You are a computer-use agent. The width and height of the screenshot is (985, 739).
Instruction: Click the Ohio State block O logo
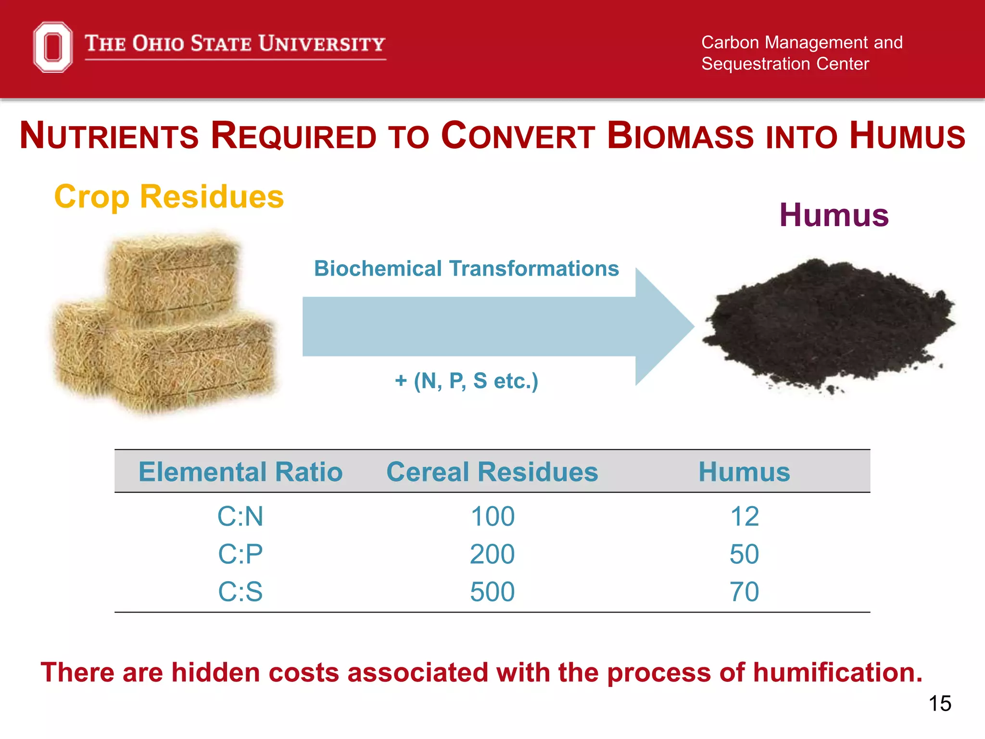(x=53, y=47)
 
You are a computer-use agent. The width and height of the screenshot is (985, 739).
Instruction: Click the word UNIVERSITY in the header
(x=322, y=44)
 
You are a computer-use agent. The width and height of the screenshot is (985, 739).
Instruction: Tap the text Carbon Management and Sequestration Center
(x=801, y=53)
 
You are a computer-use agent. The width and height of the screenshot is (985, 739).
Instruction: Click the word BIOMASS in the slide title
(x=681, y=136)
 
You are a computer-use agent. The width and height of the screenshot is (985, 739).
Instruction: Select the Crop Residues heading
(x=169, y=197)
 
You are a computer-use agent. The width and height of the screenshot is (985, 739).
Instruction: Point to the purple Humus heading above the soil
(x=833, y=215)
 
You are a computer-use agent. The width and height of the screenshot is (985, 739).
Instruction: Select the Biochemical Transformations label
(x=466, y=268)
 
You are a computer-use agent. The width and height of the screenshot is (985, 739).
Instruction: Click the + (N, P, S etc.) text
(x=466, y=381)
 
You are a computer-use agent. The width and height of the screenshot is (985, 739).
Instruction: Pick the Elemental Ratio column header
(x=240, y=471)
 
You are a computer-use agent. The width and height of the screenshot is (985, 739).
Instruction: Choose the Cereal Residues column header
(x=492, y=471)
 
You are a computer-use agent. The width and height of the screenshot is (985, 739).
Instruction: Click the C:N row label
(x=240, y=516)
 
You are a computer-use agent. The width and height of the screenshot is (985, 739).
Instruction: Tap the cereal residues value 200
(x=492, y=554)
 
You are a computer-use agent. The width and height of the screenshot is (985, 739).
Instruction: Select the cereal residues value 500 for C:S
(x=492, y=591)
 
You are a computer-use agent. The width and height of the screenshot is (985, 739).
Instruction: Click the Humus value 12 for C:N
(x=744, y=516)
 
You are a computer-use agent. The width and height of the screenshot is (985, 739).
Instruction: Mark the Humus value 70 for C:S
(x=744, y=591)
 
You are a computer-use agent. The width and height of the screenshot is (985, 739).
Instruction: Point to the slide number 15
(x=939, y=703)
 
